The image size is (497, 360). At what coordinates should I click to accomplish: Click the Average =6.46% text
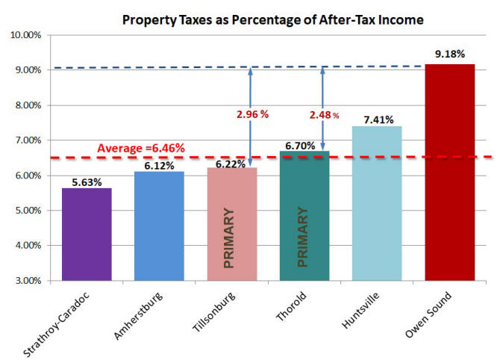pyautogui.click(x=142, y=148)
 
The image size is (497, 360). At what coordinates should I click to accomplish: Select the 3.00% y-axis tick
pyautogui.click(x=27, y=281)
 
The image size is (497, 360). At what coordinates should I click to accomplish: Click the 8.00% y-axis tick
pyautogui.click(x=27, y=105)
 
